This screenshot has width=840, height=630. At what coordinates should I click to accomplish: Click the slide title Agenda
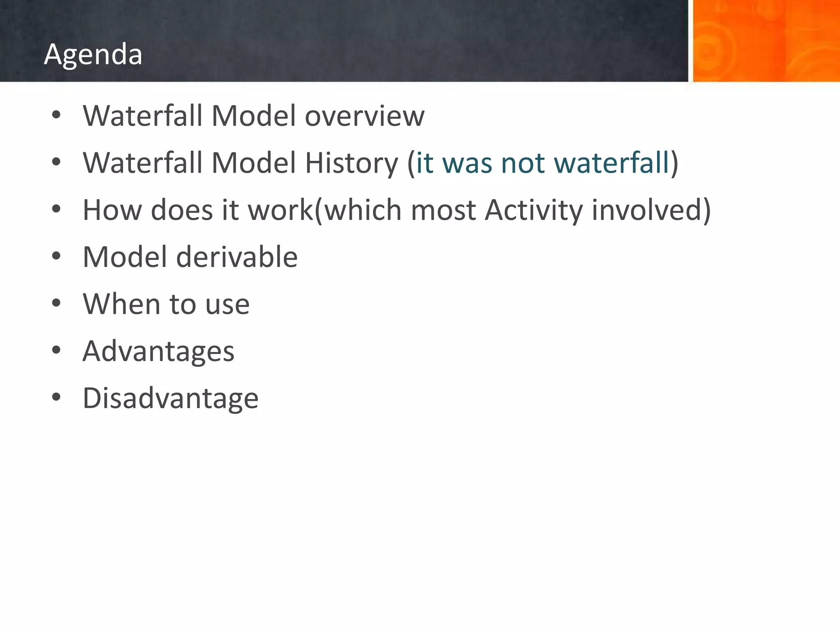[x=93, y=54]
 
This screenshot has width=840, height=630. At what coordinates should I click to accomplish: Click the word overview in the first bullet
[x=364, y=116]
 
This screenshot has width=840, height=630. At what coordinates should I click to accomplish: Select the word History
[x=351, y=163]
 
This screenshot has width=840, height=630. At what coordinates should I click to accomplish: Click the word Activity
[x=533, y=210]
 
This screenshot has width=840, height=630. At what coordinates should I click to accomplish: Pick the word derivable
[x=237, y=257]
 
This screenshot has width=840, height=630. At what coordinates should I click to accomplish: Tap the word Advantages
[x=158, y=352]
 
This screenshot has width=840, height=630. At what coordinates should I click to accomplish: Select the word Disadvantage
[x=170, y=398]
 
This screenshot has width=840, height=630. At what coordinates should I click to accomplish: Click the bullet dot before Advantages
[x=56, y=350]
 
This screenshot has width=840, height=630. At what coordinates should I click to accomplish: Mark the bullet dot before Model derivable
[x=56, y=256]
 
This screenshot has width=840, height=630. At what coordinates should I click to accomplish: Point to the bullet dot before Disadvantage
[x=56, y=397]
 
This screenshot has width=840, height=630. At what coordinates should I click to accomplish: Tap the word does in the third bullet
[x=182, y=210]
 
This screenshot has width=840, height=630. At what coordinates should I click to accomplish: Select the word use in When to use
[x=227, y=305]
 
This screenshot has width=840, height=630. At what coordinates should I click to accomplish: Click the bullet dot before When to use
[x=56, y=303]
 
